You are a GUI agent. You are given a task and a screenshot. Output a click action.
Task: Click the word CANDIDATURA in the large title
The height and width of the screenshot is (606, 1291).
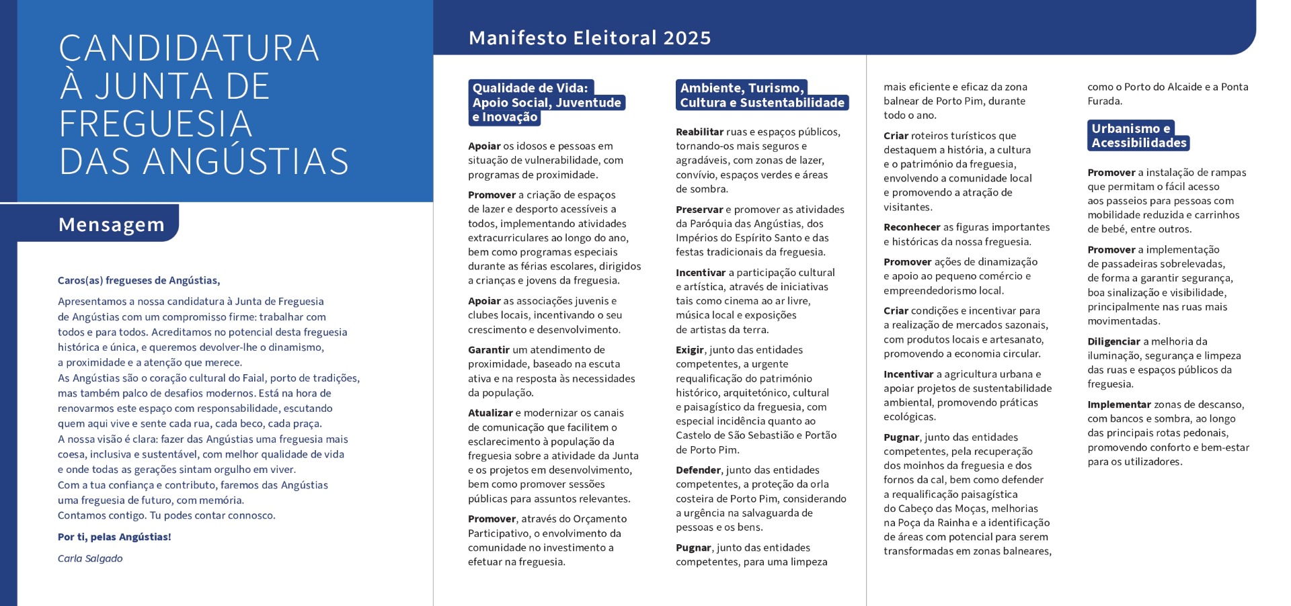tap(189, 48)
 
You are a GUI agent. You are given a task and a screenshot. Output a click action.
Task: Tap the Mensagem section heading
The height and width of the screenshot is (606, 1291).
tap(112, 224)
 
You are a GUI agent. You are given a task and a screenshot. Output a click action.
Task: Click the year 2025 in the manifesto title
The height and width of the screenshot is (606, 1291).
tap(687, 38)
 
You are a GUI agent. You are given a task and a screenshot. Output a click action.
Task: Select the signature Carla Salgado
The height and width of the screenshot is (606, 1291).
tap(90, 558)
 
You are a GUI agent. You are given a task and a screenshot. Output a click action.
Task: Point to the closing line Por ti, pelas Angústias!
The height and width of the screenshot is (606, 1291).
tap(114, 537)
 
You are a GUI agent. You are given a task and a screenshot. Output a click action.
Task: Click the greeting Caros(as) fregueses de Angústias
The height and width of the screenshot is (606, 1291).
tap(139, 280)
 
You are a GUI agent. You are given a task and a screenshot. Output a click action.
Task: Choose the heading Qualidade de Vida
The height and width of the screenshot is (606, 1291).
tap(530, 88)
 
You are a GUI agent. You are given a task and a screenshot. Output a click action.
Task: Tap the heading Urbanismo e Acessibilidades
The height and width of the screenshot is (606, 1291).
tap(1138, 136)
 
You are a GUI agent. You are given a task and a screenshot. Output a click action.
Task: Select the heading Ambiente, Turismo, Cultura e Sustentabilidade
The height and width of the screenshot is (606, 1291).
tap(761, 95)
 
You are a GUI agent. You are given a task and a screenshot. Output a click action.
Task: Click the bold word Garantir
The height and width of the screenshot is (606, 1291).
tap(489, 349)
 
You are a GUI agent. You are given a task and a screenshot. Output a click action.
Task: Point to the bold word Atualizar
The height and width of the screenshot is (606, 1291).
tap(490, 413)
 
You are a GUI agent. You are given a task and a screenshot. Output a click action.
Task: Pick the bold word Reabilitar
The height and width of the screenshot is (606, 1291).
tap(699, 132)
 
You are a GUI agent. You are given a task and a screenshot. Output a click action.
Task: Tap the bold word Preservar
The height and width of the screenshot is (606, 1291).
tap(699, 209)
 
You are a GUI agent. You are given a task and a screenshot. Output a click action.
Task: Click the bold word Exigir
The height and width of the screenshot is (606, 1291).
tap(690, 349)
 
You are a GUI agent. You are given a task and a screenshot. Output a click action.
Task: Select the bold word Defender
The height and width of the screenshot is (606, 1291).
tap(698, 470)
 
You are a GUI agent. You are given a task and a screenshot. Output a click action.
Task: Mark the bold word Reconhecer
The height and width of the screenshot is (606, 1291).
tap(912, 227)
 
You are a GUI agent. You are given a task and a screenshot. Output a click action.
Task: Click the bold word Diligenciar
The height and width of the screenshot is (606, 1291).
tap(1113, 341)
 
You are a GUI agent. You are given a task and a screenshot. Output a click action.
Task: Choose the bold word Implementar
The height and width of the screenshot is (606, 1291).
tap(1119, 404)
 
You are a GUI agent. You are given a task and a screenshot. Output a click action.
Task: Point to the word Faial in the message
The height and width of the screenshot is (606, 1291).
tap(253, 378)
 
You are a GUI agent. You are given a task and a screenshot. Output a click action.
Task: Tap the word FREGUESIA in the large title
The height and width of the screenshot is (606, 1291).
tap(155, 124)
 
